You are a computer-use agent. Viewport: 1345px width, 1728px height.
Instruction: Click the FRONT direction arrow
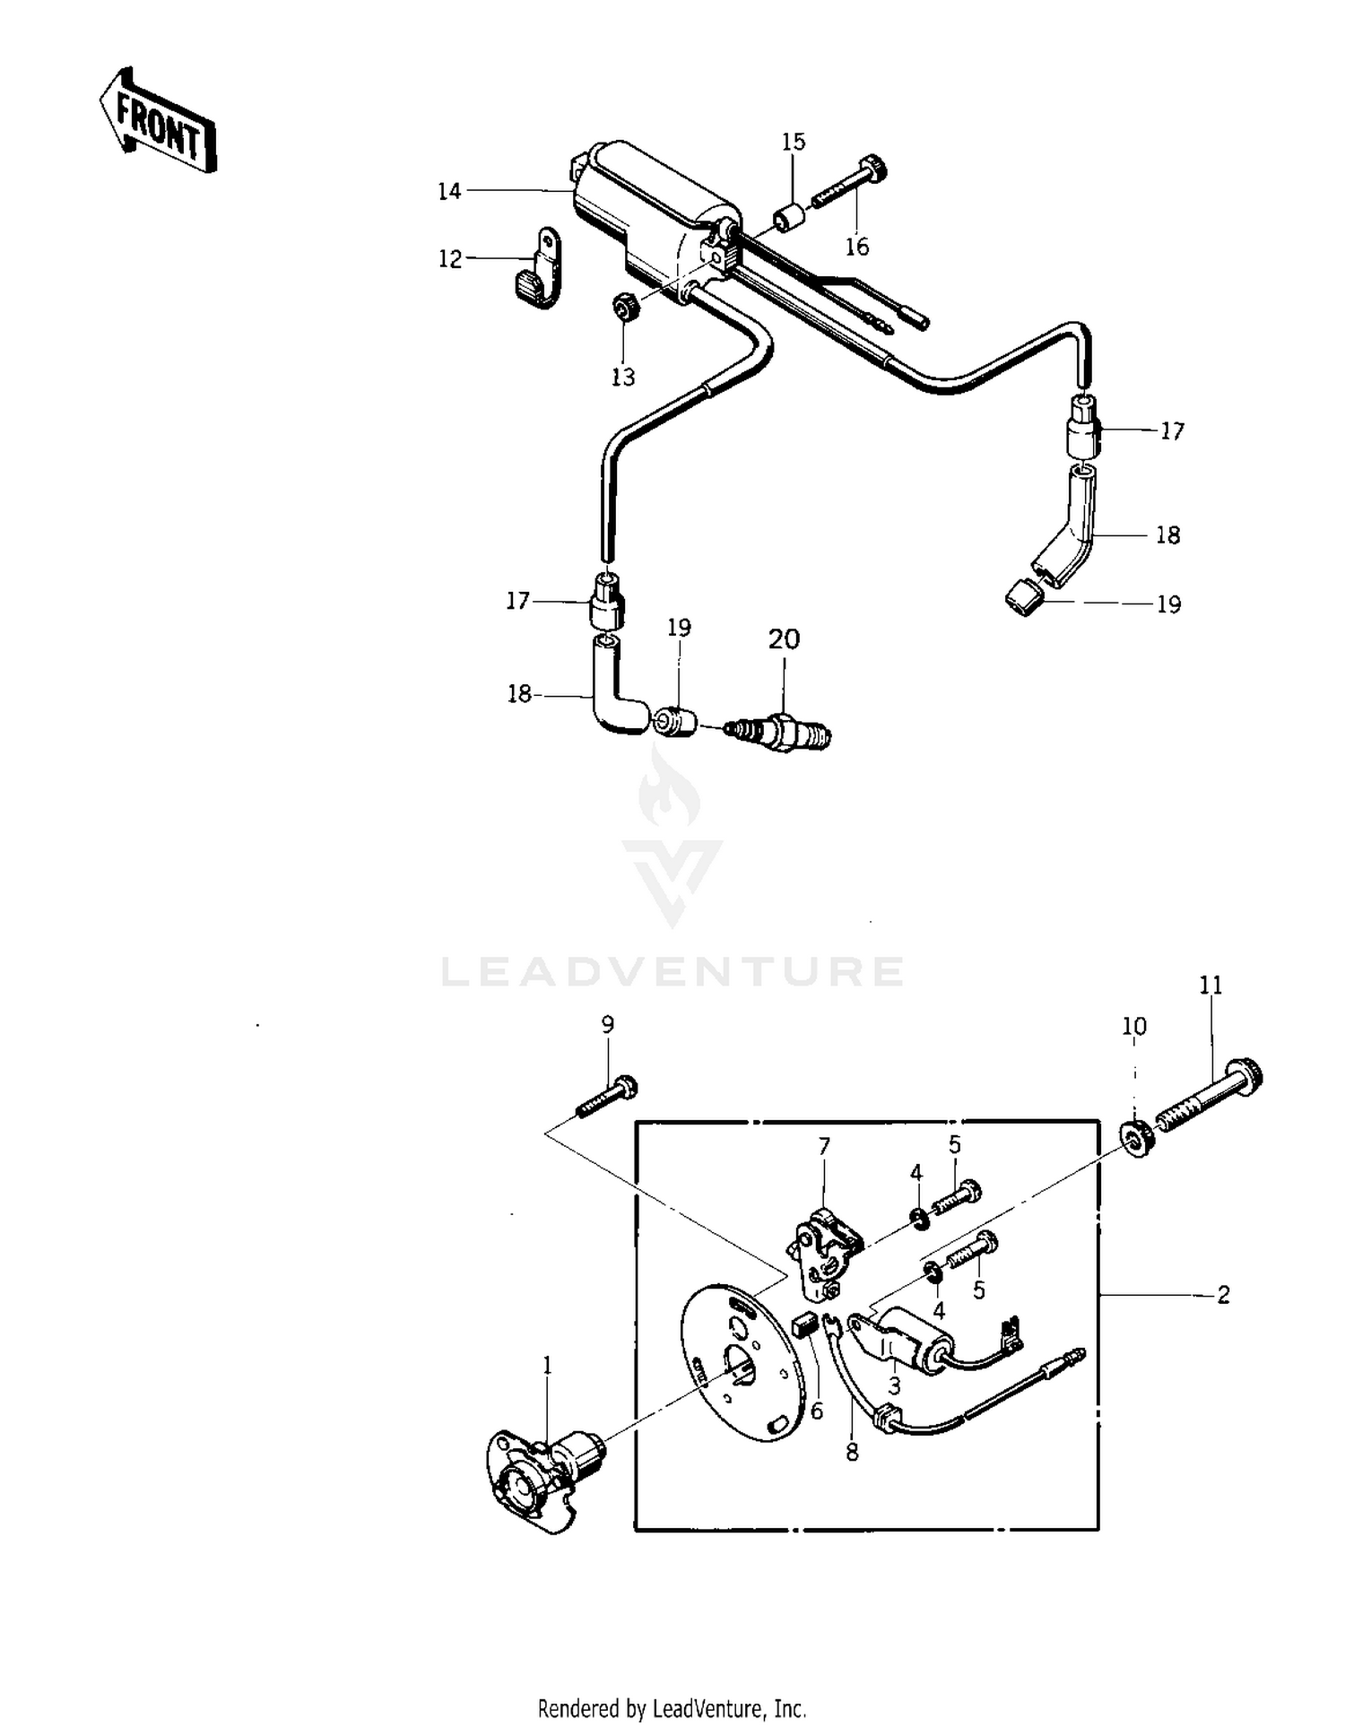click(158, 120)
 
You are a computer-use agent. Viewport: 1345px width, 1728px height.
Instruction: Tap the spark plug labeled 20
click(777, 731)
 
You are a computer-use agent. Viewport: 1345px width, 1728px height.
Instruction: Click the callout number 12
click(449, 258)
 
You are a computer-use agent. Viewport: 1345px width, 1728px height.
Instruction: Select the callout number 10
click(1134, 1026)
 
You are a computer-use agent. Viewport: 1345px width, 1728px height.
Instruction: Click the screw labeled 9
click(606, 1097)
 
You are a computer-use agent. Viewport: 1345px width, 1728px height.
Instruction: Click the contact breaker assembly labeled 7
click(824, 1253)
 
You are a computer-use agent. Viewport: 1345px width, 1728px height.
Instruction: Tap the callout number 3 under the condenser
click(894, 1385)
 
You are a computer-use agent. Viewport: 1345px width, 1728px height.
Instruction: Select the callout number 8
click(852, 1451)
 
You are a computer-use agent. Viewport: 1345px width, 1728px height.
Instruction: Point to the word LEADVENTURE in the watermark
click(672, 972)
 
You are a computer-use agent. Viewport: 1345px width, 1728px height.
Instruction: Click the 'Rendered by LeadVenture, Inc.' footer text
click(672, 1708)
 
